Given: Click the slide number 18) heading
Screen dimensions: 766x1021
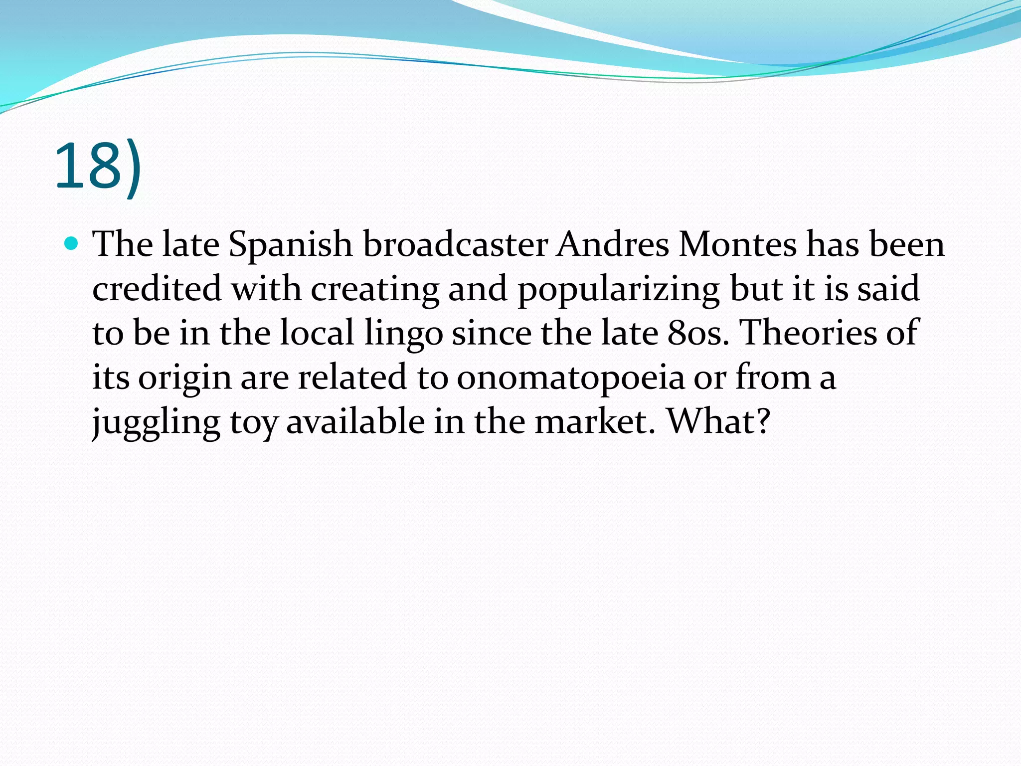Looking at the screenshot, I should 98,167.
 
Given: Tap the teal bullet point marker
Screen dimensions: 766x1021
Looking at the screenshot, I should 72,244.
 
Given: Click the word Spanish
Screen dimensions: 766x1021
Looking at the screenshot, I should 291,245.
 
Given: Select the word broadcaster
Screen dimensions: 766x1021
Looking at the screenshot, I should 455,244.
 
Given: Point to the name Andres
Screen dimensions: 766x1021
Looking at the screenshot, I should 613,244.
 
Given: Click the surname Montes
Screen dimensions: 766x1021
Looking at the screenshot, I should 738,244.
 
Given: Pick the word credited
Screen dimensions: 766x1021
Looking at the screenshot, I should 157,289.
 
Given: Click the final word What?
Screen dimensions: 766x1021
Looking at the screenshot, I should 718,422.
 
